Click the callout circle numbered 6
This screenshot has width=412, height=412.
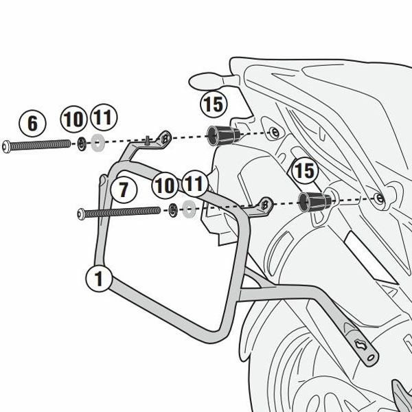(x=32, y=124)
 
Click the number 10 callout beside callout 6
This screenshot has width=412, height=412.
(x=73, y=118)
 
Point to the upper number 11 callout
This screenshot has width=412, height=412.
(x=102, y=118)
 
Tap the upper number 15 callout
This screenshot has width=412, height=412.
(x=213, y=106)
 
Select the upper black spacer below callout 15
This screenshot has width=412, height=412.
(x=222, y=135)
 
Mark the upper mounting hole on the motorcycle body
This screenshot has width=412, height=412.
(x=273, y=132)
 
